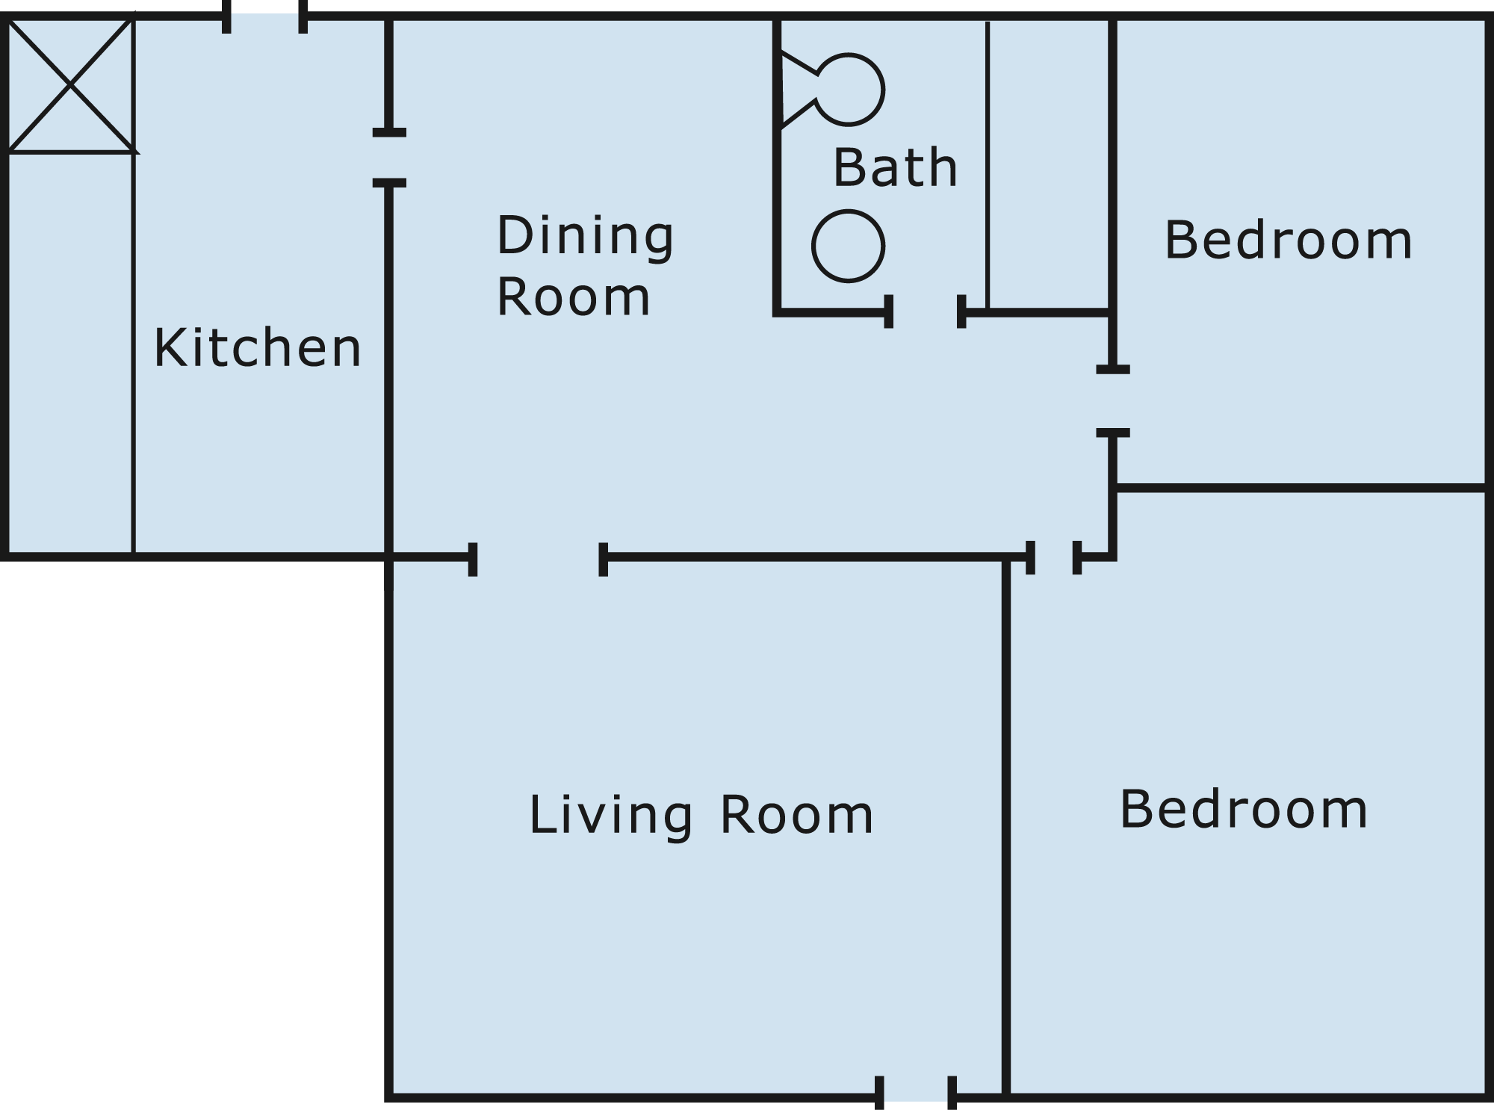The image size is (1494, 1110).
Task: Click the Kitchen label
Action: pos(258,347)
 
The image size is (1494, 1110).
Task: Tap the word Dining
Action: pos(586,236)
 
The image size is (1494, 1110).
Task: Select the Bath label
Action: pos(895,167)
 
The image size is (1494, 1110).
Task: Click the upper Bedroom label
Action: pos(1289,241)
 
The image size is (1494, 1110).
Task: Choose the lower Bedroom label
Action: pos(1244,809)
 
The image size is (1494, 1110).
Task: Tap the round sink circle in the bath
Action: pos(849,246)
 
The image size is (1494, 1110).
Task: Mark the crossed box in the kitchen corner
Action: pos(71,86)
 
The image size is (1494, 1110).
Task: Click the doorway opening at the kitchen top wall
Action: pos(264,16)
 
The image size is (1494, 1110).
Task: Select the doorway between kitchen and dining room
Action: pos(389,158)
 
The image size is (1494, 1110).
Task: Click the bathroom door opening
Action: pos(926,311)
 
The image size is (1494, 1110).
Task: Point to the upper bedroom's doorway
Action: pos(1113,401)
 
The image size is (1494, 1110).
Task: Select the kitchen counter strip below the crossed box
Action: pos(71,354)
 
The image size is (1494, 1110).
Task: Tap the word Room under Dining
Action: pos(574,297)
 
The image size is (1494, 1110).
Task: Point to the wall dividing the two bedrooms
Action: pos(1301,489)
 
